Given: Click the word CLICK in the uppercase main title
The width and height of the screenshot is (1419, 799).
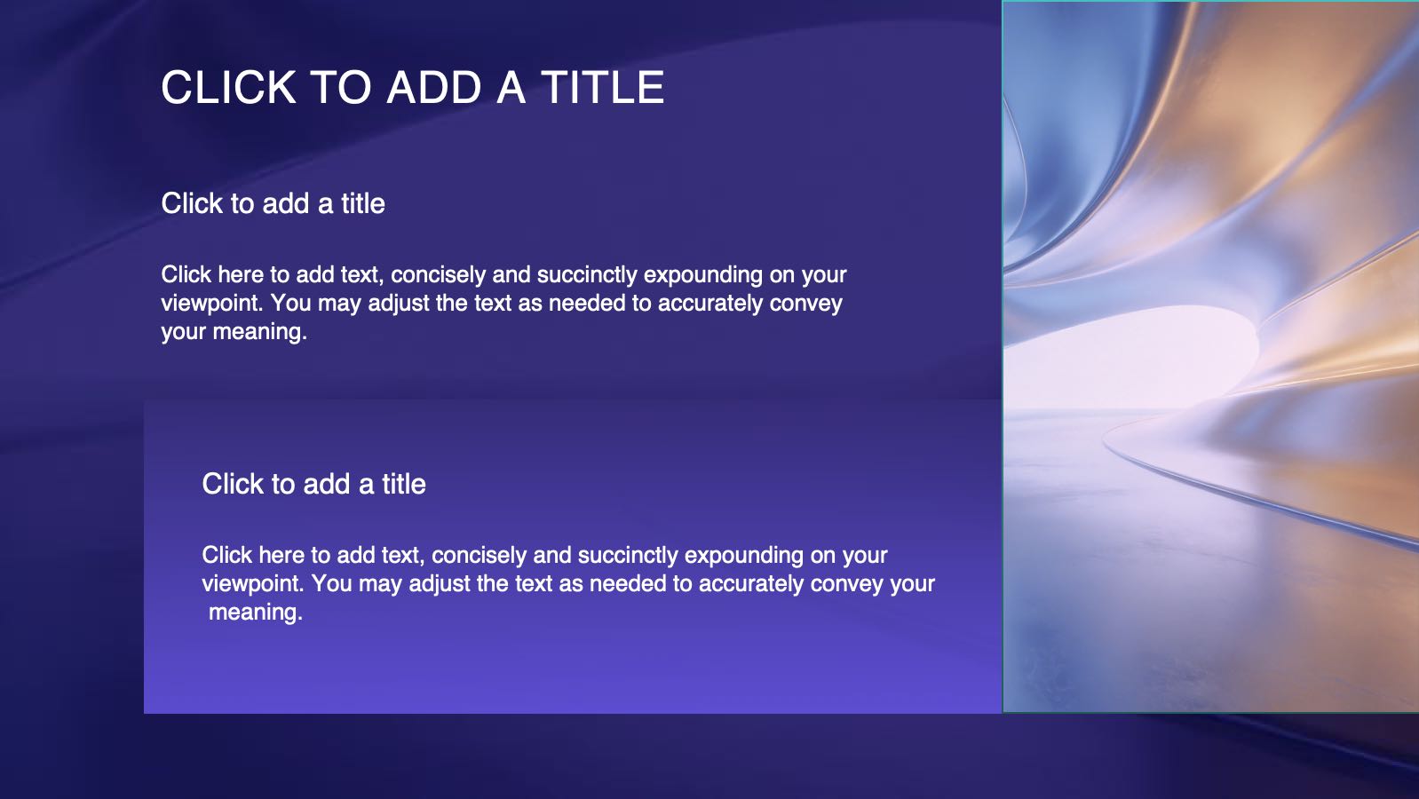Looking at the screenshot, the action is coord(229,87).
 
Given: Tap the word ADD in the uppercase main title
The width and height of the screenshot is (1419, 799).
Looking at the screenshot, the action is coord(434,87).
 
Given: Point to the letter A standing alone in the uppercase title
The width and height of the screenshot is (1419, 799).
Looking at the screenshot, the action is coord(511,87).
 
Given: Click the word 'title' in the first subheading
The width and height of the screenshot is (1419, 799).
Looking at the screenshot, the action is coord(363,204).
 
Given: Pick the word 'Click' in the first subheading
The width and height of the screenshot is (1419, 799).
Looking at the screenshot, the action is coord(192,204).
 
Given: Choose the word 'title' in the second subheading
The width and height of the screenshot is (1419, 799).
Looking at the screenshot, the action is coord(403,485).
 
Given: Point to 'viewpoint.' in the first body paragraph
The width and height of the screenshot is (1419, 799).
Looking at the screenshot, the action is coord(211,304).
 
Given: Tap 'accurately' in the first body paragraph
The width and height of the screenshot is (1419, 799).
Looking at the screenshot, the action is coord(710,304).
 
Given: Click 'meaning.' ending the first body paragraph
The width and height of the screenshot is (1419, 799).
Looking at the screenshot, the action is coord(259,332).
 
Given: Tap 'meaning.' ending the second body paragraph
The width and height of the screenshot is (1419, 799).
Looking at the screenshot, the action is coord(256,613).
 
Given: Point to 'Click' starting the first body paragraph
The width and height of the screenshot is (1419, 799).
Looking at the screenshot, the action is coord(186,275).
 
